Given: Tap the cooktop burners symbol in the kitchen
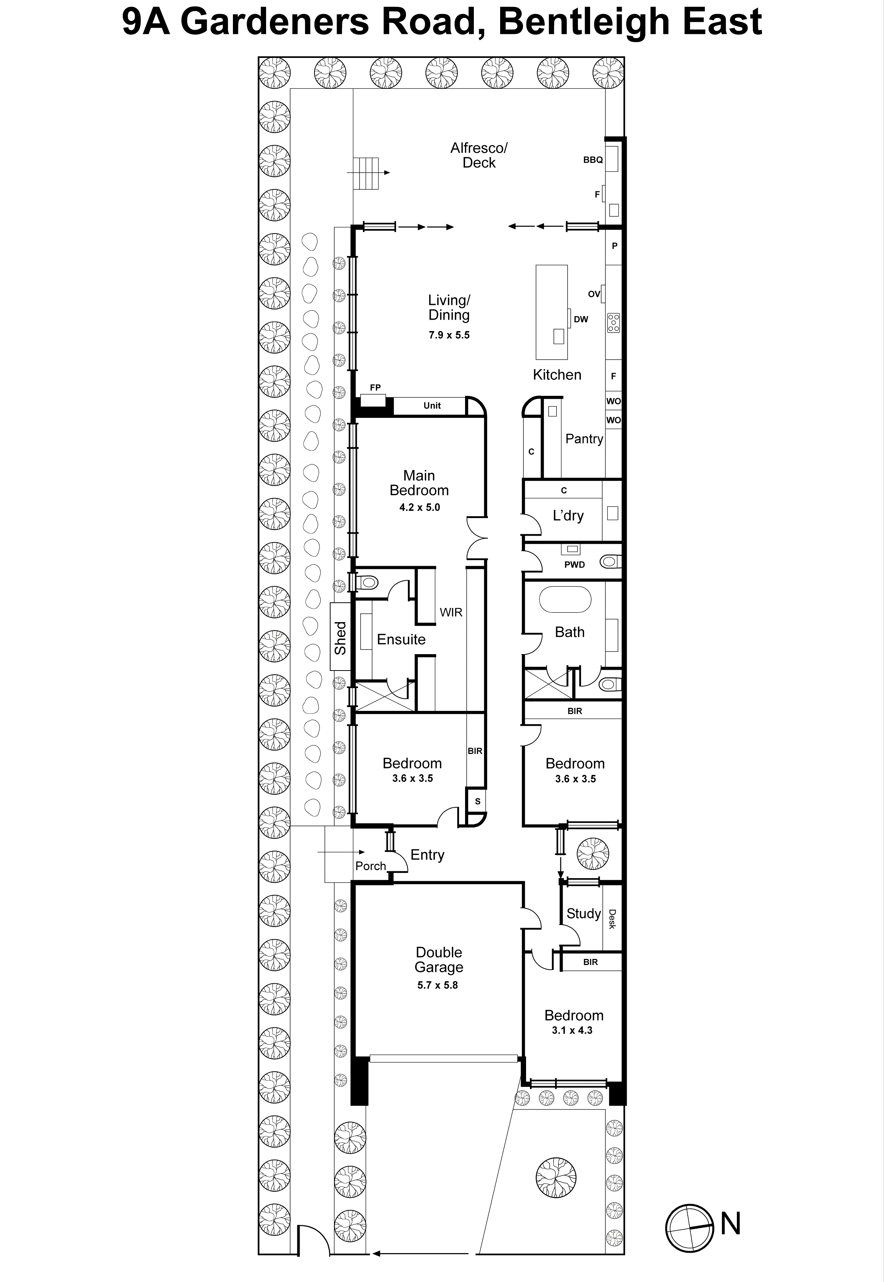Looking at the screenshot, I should [x=613, y=323].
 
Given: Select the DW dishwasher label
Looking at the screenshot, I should [x=581, y=319].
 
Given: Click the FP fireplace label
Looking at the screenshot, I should [x=375, y=387].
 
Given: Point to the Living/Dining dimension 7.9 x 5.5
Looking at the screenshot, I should [x=449, y=335].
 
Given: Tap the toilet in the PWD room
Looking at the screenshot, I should [x=610, y=562].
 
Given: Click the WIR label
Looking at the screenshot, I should [x=451, y=612].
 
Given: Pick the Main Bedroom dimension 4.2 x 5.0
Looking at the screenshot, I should [x=419, y=507].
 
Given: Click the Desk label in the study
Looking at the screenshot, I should [x=612, y=919].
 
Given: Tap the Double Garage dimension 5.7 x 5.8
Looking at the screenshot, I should [x=438, y=985].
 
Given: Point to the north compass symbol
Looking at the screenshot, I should [x=689, y=1228].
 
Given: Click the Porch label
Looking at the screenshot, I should [x=371, y=866].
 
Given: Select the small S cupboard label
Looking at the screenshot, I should [x=477, y=801].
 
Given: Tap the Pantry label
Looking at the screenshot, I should [x=584, y=439].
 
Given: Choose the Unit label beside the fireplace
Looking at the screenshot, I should [x=432, y=406].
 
